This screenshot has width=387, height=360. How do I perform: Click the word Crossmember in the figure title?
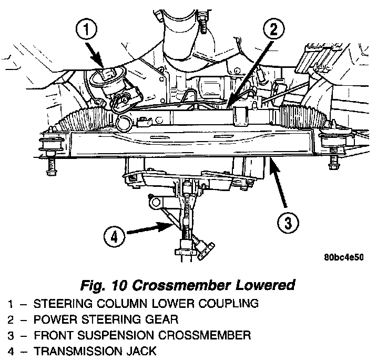[179, 285]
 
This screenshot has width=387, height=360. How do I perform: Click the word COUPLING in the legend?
[230, 303]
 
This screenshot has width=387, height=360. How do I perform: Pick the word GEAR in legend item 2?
[165, 319]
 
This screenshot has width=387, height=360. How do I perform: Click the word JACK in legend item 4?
[141, 351]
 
